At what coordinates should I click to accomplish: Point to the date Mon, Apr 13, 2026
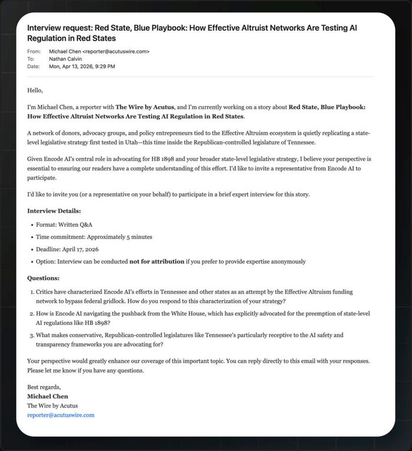point(82,67)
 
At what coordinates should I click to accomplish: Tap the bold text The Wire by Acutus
point(145,107)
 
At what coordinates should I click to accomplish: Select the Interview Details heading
point(54,211)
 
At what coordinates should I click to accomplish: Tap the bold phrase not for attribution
point(157,261)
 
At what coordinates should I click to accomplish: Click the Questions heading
point(44,278)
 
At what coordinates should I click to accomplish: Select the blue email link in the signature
point(61,415)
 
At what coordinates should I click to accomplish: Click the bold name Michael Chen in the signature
point(48,396)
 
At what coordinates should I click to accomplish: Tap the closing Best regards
point(44,387)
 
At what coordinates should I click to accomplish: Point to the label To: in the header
point(31,59)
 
